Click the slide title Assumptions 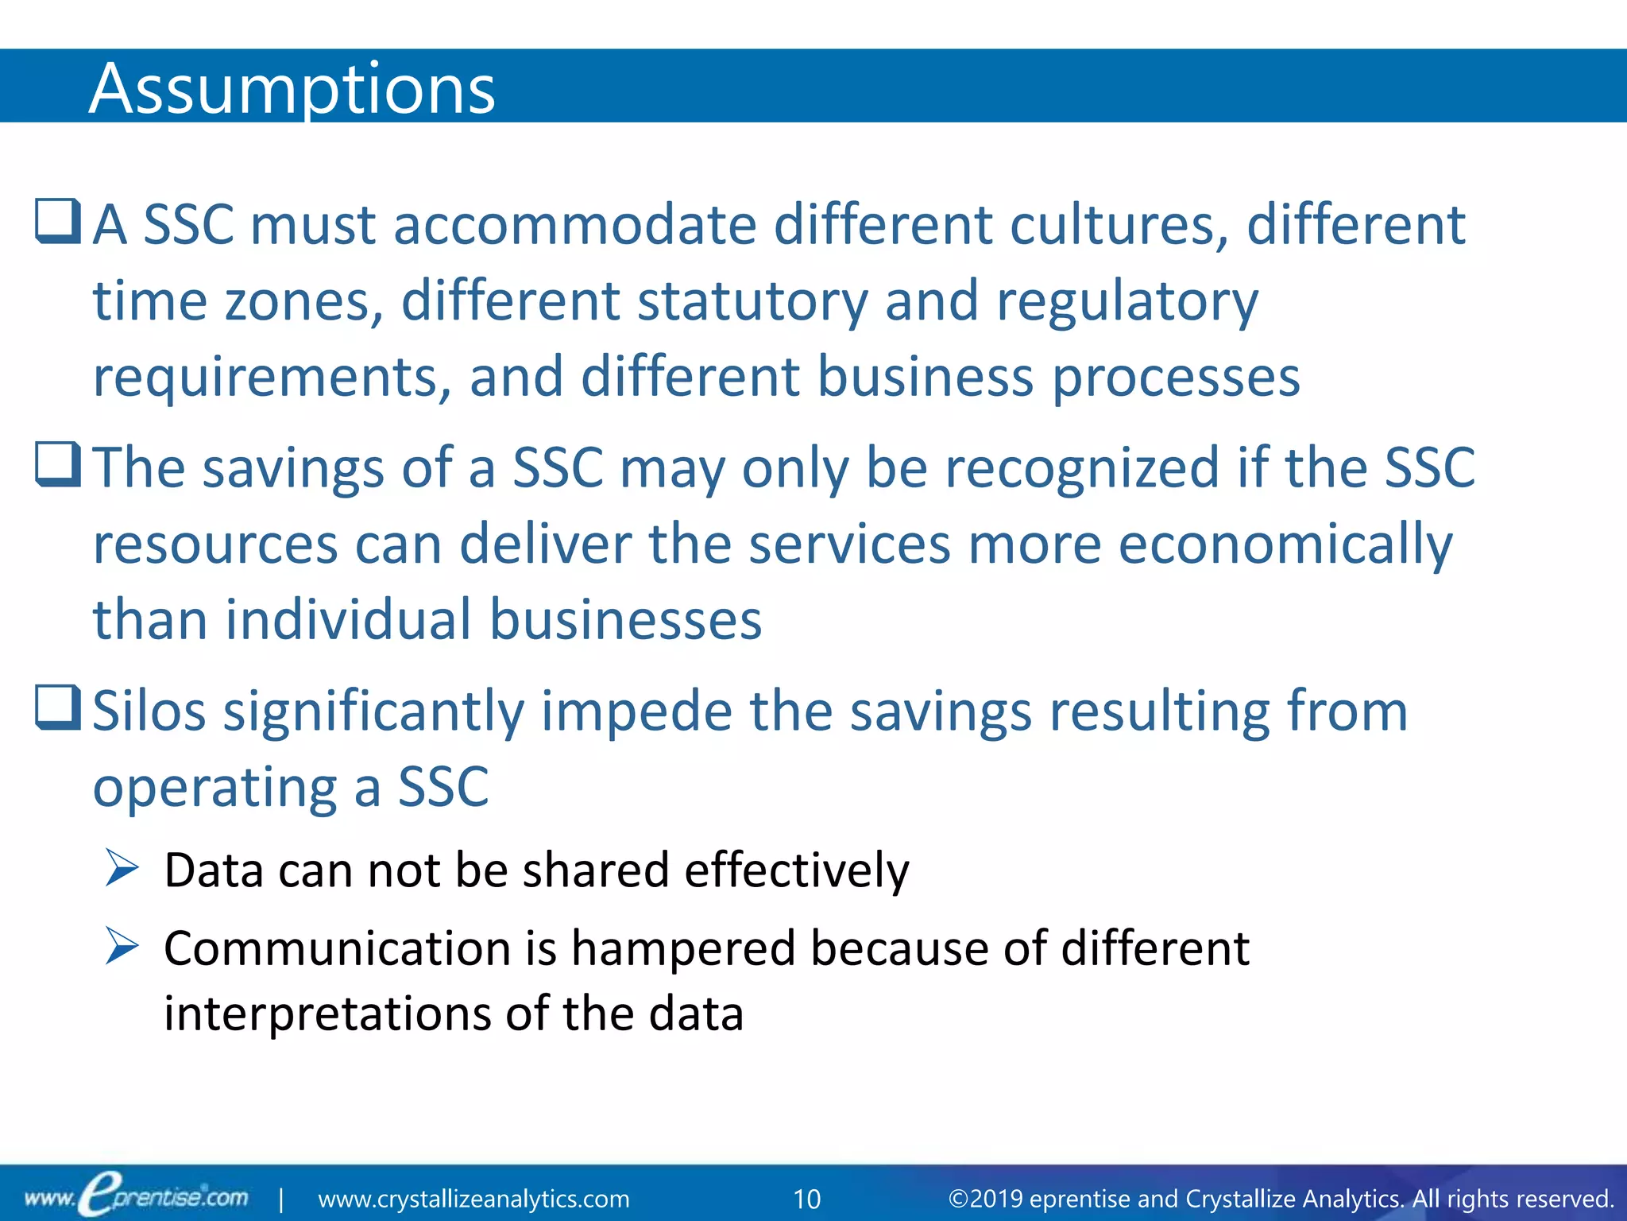292,89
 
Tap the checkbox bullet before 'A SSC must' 58,221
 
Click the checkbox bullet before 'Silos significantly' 58,707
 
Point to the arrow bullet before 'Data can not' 122,868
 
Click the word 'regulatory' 1127,302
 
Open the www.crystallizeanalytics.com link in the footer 473,1199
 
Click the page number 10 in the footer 807,1199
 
